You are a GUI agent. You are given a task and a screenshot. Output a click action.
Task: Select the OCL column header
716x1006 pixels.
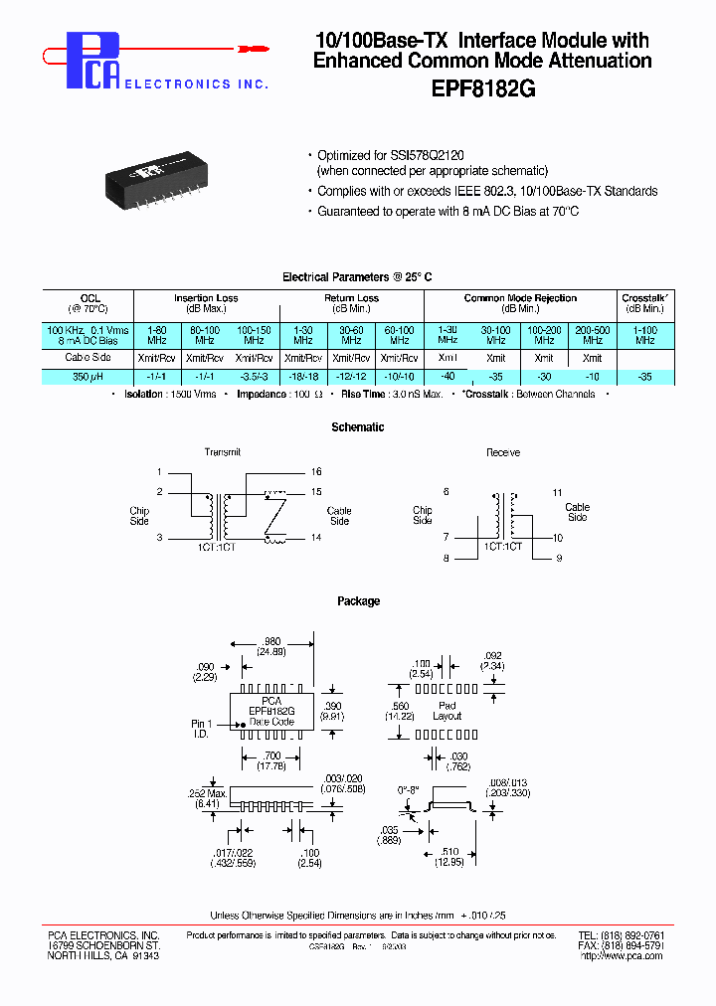pos(89,298)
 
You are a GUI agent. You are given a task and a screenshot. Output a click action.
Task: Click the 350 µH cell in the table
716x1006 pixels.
pos(89,377)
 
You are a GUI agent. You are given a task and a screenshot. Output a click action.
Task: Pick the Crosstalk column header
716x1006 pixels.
pos(644,298)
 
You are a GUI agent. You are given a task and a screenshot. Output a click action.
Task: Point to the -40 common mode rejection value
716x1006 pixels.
pos(447,376)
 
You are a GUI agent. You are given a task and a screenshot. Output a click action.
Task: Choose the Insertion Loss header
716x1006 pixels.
pos(206,298)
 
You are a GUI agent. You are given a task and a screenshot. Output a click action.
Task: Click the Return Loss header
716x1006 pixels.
pos(351,298)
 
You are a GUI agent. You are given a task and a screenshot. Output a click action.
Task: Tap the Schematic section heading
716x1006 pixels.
pos(357,427)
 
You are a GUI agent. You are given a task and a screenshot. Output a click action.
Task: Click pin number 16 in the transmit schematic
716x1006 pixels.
pos(316,472)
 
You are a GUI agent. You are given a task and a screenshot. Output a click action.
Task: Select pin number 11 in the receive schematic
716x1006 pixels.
pos(558,492)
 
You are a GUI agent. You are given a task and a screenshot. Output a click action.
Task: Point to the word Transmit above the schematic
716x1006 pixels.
pos(223,452)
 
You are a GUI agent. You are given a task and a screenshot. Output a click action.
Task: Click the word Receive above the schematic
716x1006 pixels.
pos(503,452)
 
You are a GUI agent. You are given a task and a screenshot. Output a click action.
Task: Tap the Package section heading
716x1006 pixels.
pos(358,601)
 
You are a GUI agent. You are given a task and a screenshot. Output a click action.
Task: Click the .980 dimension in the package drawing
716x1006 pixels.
pos(270,642)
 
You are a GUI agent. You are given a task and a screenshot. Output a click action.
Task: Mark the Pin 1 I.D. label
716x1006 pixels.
pos(202,729)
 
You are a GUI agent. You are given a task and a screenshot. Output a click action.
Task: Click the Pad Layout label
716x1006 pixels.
pos(447,710)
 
